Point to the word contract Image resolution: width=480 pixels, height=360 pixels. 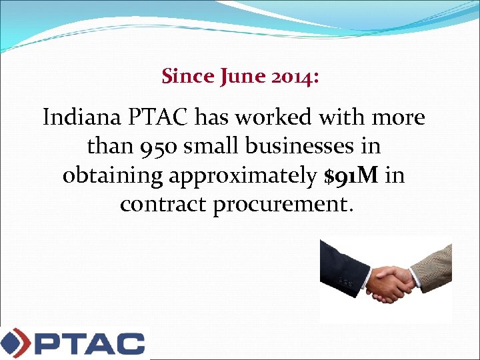click(x=163, y=204)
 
